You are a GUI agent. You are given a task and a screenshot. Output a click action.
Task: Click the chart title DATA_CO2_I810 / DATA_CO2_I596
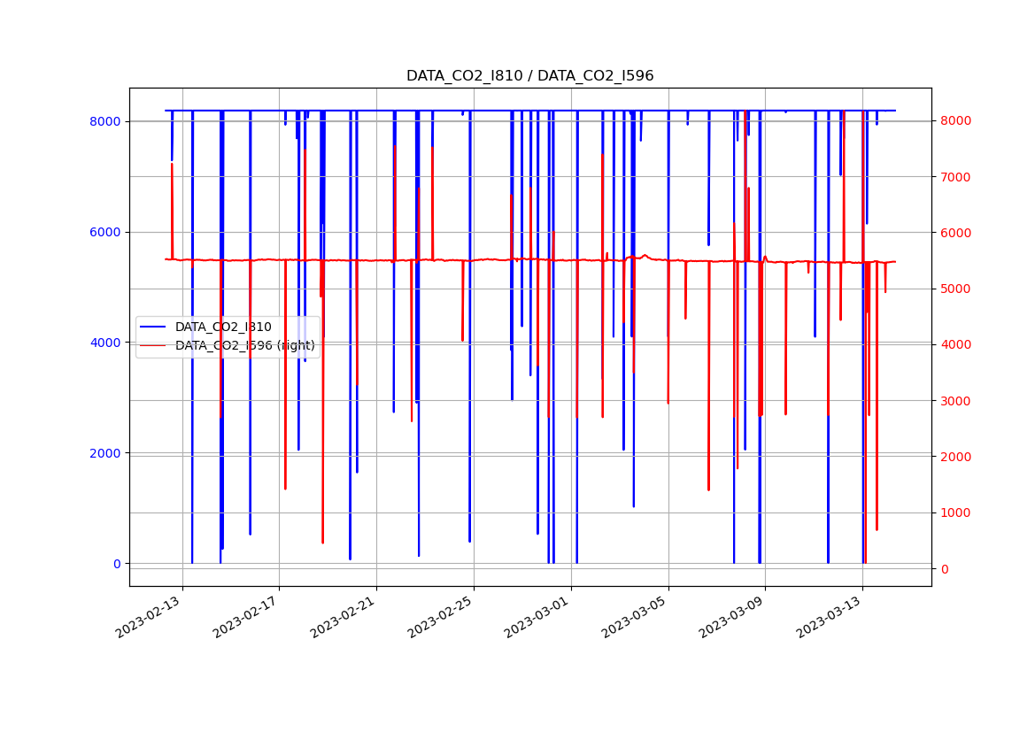529,76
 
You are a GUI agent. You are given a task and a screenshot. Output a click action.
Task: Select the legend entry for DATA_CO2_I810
223,327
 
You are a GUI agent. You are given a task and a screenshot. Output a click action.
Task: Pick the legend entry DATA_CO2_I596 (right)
244,345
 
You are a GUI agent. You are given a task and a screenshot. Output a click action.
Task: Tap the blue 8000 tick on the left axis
105,121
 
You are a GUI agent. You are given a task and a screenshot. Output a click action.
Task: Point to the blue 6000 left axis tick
105,232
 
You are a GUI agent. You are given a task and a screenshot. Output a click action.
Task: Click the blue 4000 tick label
105,343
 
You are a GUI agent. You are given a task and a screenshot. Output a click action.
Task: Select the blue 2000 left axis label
105,453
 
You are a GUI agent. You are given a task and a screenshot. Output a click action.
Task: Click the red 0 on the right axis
944,569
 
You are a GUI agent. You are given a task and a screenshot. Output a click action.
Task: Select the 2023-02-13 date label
150,616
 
